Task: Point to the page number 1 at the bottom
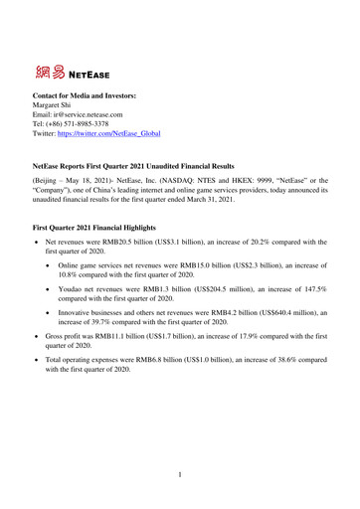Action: tap(179, 476)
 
